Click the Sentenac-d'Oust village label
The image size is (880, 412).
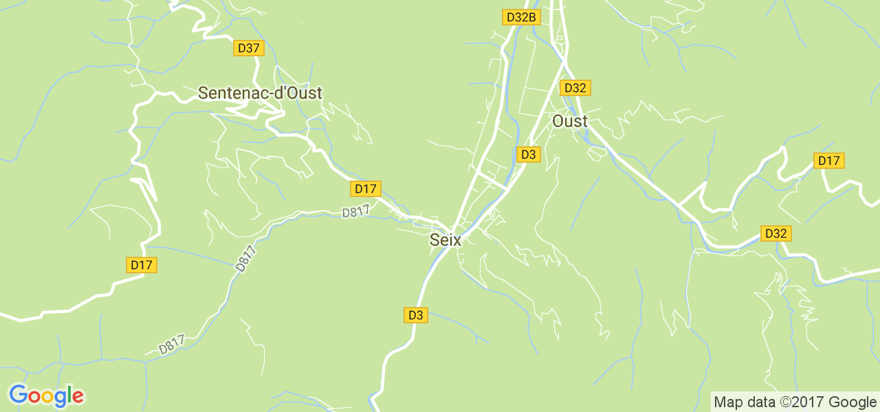tap(260, 93)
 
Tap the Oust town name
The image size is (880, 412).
tap(570, 122)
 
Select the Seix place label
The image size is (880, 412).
tap(445, 240)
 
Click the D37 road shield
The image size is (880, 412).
tap(248, 48)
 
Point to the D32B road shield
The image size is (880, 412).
tap(520, 17)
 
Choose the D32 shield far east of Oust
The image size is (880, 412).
tap(775, 233)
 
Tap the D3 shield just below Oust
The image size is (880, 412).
tap(528, 154)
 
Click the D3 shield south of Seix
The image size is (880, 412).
tap(415, 315)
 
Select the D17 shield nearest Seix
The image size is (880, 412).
tap(365, 189)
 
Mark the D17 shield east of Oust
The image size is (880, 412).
tap(828, 161)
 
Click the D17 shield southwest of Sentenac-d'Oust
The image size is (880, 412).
tap(142, 265)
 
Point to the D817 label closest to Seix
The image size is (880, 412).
tap(356, 211)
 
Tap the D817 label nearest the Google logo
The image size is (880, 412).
tap(172, 345)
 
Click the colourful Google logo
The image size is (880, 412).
tap(46, 396)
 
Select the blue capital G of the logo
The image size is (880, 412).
tap(19, 395)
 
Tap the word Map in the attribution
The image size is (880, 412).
tap(727, 402)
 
